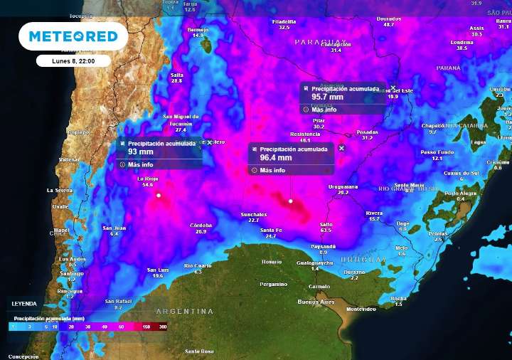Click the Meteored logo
pyautogui.click(x=73, y=36)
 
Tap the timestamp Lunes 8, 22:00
pyautogui.click(x=73, y=61)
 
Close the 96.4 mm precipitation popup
pyautogui.click(x=341, y=148)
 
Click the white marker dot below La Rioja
pyautogui.click(x=159, y=194)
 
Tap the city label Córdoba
pyautogui.click(x=201, y=226)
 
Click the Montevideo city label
pyautogui.click(x=361, y=309)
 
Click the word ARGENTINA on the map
pyautogui.click(x=184, y=312)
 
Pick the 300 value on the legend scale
pyautogui.click(x=163, y=327)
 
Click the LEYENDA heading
pyautogui.click(x=23, y=304)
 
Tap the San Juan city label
pyautogui.click(x=114, y=228)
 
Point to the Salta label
pyautogui.click(x=176, y=75)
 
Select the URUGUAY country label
pyautogui.click(x=363, y=260)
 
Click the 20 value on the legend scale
pyautogui.click(x=71, y=327)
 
